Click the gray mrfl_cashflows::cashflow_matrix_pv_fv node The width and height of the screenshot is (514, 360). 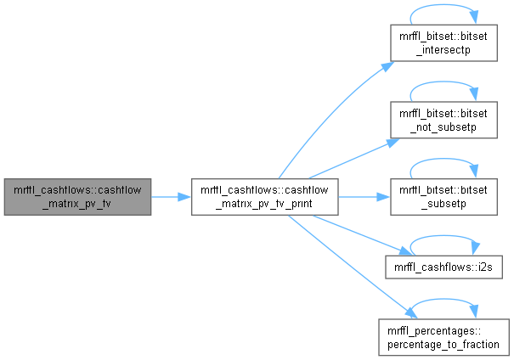tap(77, 196)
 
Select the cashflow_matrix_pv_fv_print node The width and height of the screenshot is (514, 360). tap(265, 196)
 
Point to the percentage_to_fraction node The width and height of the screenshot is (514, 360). tap(443, 335)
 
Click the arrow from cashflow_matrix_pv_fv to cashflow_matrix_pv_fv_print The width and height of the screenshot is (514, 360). tap(171, 196)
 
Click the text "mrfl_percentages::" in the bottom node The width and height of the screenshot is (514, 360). tap(443, 329)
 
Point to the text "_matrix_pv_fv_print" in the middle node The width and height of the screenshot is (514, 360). tap(265, 203)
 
